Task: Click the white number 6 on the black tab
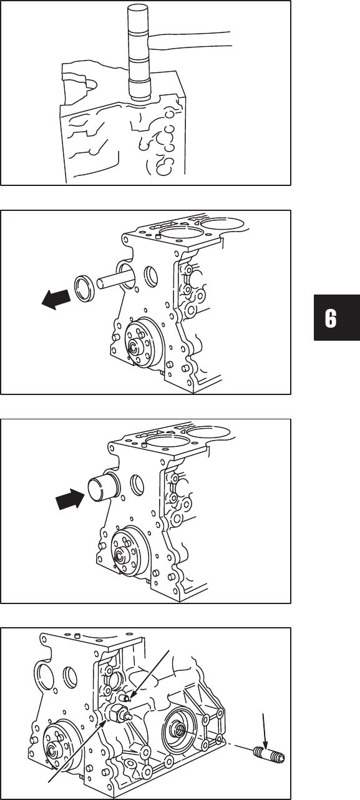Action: (331, 318)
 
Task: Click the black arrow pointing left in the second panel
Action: (56, 299)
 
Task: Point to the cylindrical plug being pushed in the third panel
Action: (100, 489)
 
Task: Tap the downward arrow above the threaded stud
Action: (264, 726)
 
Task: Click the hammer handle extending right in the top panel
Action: (192, 39)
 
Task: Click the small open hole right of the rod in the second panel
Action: (151, 276)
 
